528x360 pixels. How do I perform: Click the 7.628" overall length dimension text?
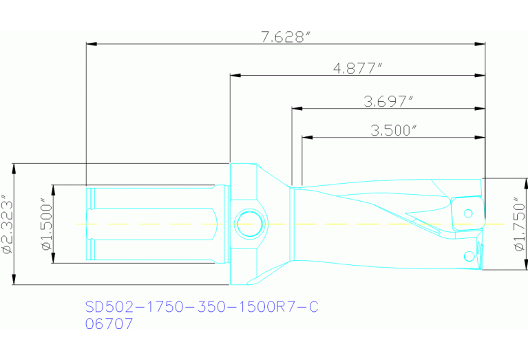(283, 37)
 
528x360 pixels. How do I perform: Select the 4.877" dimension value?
(357, 67)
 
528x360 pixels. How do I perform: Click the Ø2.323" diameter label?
(8, 224)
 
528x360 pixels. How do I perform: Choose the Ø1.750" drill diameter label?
(518, 224)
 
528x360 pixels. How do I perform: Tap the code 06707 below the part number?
(109, 324)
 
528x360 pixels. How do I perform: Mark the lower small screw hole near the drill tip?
(469, 257)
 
